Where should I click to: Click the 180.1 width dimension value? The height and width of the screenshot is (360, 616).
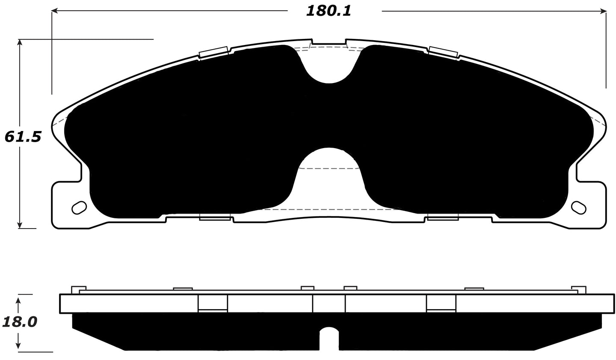click(x=328, y=11)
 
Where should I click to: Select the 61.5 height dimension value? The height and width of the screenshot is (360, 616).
click(x=22, y=137)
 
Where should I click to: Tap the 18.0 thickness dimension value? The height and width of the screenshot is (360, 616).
click(x=19, y=321)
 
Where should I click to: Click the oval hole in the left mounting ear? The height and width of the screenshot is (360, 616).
click(x=79, y=207)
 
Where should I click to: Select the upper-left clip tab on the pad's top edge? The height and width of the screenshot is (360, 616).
click(x=214, y=51)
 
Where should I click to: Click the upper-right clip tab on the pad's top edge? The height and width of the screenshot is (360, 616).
click(x=443, y=51)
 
